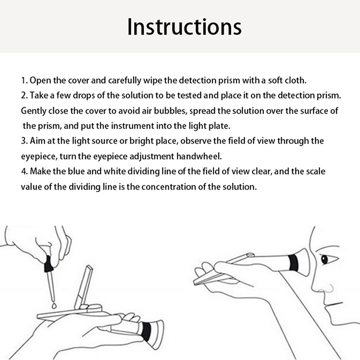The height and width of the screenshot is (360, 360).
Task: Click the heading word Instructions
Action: [x=184, y=27]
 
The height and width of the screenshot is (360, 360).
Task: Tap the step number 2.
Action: [x=24, y=95]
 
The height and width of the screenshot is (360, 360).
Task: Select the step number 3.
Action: [x=24, y=141]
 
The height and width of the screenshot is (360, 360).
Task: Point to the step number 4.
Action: [x=24, y=171]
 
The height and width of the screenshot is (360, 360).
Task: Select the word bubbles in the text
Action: [x=170, y=111]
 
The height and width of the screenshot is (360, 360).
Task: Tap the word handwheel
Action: [x=199, y=156]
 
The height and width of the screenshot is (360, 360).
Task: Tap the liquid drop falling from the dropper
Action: [x=54, y=306]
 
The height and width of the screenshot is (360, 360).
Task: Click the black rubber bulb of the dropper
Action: [x=49, y=264]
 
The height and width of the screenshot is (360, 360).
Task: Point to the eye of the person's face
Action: [x=324, y=260]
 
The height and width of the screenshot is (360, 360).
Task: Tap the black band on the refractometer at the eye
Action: [x=293, y=263]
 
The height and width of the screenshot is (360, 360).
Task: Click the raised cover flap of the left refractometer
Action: [x=83, y=288]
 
